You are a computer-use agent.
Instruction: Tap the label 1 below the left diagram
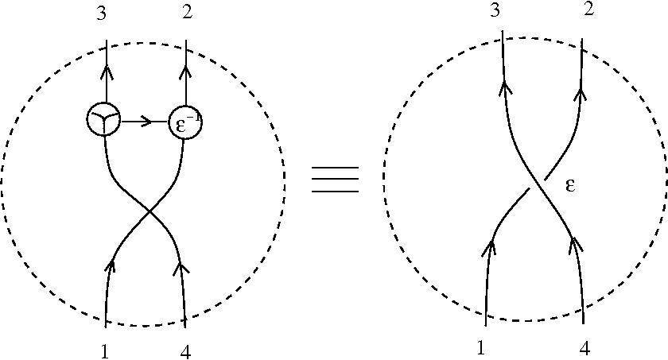point(104,350)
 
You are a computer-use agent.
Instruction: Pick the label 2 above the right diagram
point(588,11)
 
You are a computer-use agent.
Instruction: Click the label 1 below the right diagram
point(480,348)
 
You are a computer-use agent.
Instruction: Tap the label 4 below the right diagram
point(584,348)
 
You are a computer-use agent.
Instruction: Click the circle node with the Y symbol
point(104,120)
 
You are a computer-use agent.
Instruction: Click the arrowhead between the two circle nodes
point(146,122)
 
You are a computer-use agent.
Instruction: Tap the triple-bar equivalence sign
point(335,180)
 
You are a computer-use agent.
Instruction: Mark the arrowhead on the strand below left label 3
point(107,74)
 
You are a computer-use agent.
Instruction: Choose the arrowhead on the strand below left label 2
point(185,74)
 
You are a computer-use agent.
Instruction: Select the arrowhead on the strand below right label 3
point(502,88)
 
